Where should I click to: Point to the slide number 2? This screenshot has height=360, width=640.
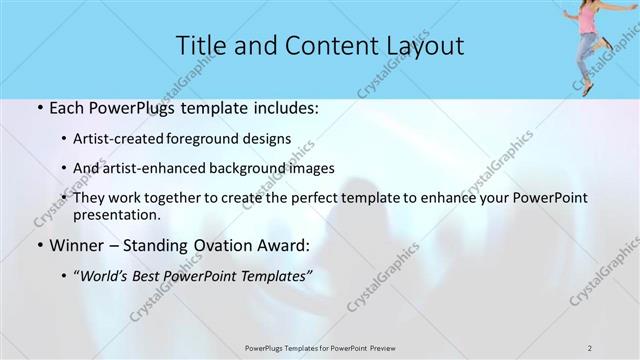[590, 347]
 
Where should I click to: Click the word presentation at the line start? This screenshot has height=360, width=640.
[115, 214]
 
